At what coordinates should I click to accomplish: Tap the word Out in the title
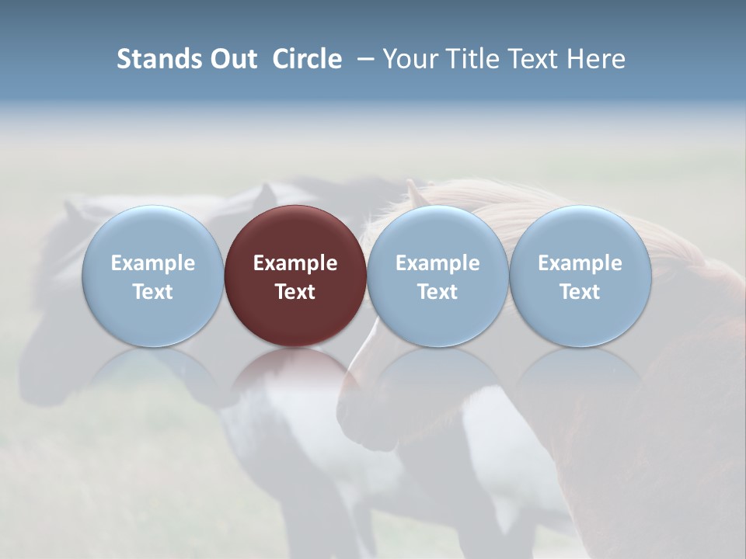pos(234,59)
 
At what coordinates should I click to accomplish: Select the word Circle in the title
pos(307,59)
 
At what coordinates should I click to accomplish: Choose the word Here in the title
pos(597,59)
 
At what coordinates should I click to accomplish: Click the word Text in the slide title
pos(535,59)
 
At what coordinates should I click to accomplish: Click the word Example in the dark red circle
pos(295,263)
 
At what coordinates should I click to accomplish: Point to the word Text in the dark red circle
pos(295,292)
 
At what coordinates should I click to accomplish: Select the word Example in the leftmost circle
pos(152,263)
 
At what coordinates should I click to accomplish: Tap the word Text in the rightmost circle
pos(580,292)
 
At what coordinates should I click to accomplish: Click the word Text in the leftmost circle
pos(152,292)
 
